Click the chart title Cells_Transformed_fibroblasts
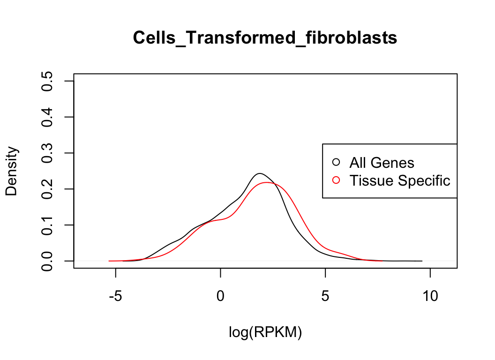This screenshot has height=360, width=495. coord(265,37)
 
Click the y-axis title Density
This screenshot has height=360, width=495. coord(12,171)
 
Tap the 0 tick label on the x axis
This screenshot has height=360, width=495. coord(220,296)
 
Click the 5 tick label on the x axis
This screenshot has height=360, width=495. coord(325,296)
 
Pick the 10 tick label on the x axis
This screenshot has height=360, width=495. coord(430,296)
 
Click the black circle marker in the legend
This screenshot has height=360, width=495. coord(336,162)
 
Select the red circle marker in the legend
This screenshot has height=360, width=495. coord(336,180)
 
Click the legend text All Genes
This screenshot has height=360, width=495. coord(382,163)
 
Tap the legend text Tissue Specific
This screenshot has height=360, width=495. coord(399,180)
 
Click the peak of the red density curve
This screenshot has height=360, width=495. coord(267,182)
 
